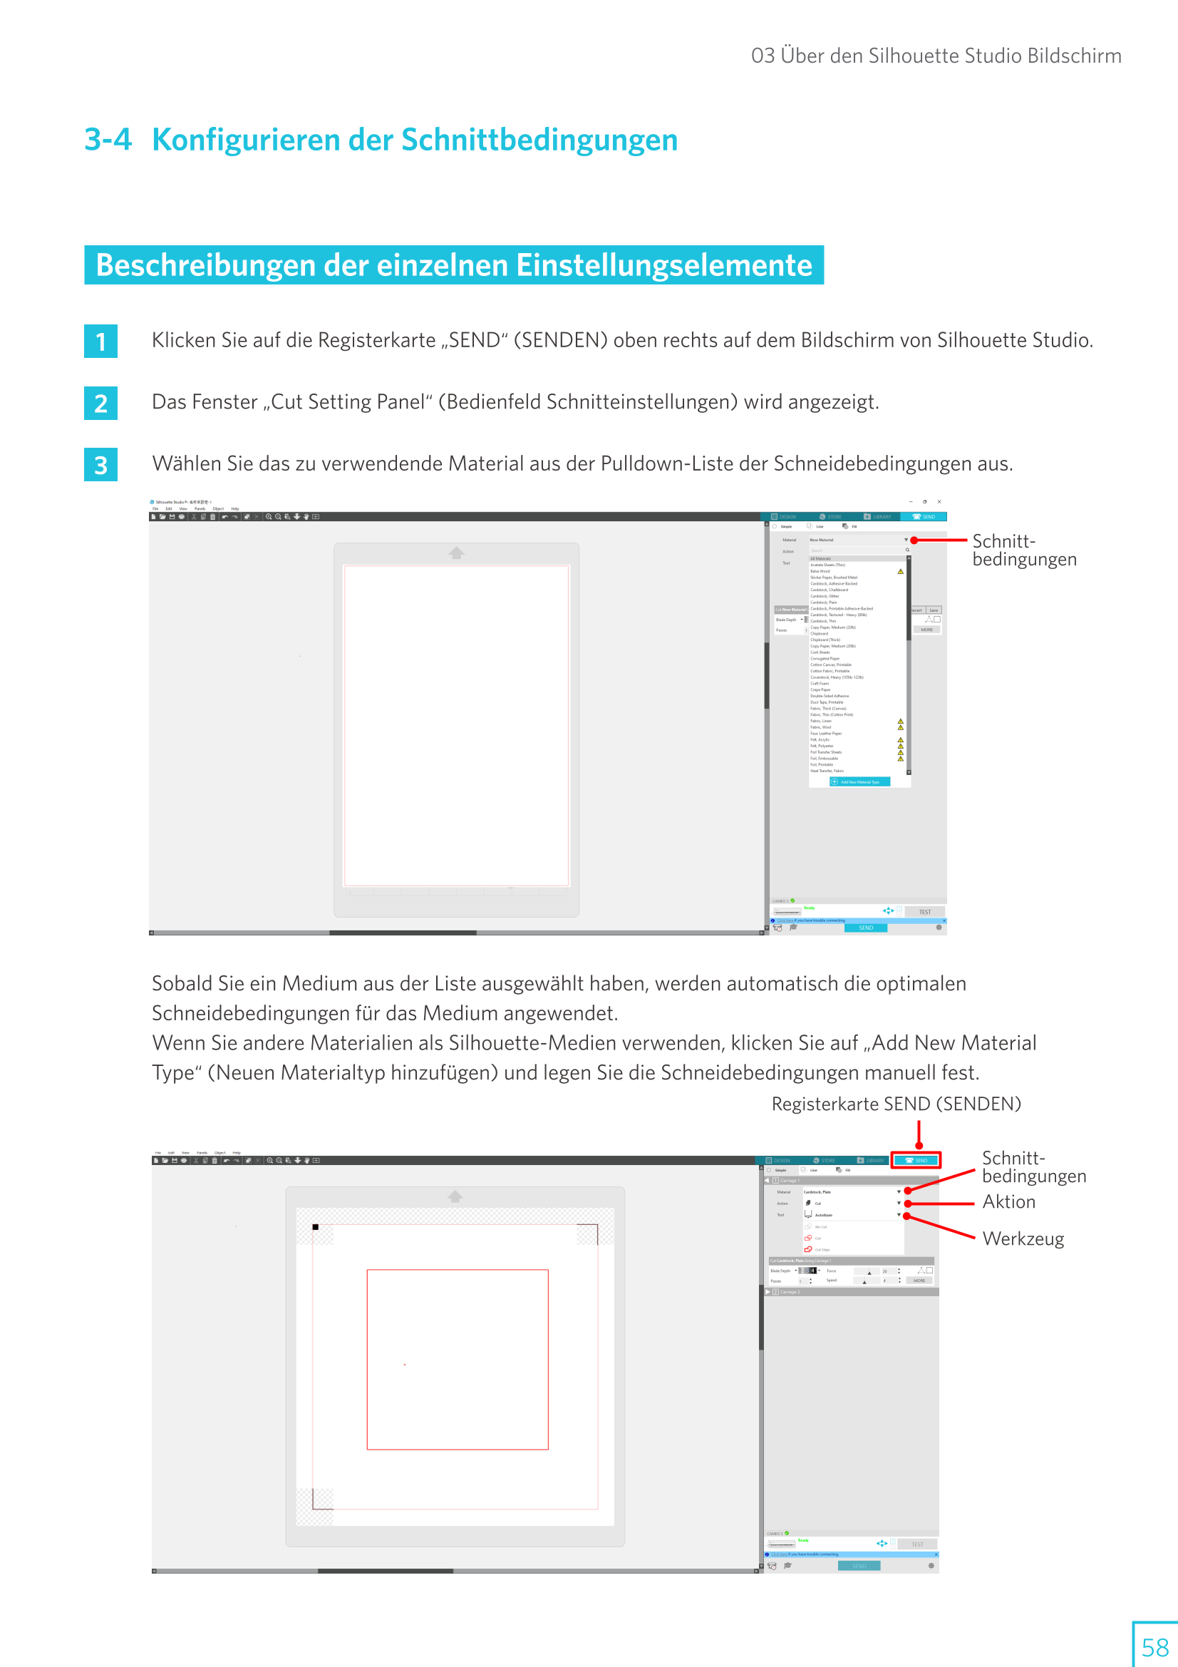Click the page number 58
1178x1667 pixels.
(1154, 1646)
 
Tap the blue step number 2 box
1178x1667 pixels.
(101, 404)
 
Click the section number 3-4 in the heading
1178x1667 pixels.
(108, 140)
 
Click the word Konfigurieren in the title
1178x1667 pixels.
(244, 140)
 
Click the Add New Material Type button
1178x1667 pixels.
(859, 782)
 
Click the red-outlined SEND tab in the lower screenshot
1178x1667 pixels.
(916, 1160)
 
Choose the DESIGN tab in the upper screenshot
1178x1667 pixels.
(784, 517)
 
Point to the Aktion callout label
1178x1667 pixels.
(1008, 1202)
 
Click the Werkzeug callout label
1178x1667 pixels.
(1023, 1238)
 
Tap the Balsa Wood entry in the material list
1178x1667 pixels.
(820, 571)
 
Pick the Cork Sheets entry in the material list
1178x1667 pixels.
(820, 652)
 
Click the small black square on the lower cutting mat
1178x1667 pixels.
(316, 1227)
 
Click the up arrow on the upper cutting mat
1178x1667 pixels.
(456, 553)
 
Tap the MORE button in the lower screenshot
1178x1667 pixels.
(919, 1281)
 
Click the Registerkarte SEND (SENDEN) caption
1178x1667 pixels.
(896, 1104)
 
